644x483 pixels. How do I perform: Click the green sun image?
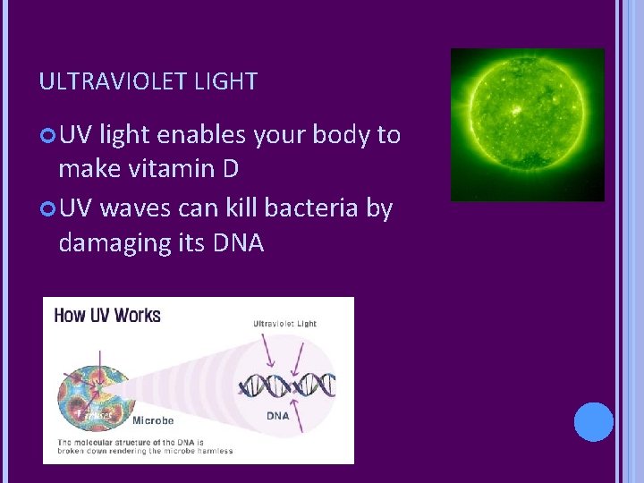pyautogui.click(x=527, y=124)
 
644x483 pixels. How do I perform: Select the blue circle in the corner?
pyautogui.click(x=593, y=422)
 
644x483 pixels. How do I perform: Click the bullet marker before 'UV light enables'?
pyautogui.click(x=47, y=136)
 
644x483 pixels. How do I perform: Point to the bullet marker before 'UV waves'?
pyautogui.click(x=47, y=208)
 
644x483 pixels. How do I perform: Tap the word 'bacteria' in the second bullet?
pyautogui.click(x=312, y=208)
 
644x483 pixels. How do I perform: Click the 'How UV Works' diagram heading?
pyautogui.click(x=106, y=315)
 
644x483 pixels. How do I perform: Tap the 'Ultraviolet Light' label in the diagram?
pyautogui.click(x=284, y=324)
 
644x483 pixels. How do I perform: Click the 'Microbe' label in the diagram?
pyautogui.click(x=153, y=420)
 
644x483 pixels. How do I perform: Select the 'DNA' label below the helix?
pyautogui.click(x=277, y=415)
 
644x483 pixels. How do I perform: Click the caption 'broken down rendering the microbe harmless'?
pyautogui.click(x=145, y=451)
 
